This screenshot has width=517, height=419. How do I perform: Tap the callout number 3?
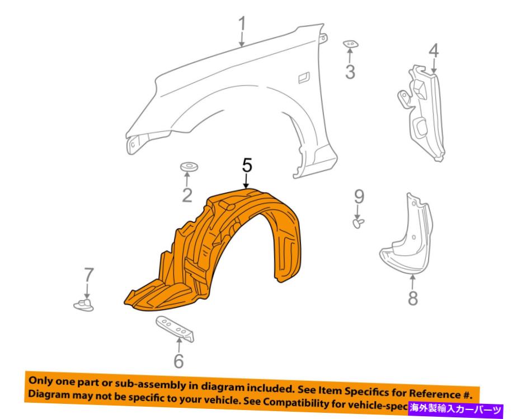350,72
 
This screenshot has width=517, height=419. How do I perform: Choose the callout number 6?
178,361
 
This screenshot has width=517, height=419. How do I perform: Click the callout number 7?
87,275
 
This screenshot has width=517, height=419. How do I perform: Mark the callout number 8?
413,298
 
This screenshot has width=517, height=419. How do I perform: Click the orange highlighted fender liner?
224,252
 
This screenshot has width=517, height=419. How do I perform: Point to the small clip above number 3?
351,44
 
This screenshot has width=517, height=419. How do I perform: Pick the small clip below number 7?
84,304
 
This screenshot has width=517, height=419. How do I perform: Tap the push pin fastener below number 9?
358,223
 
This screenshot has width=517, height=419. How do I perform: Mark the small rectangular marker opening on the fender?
304,76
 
